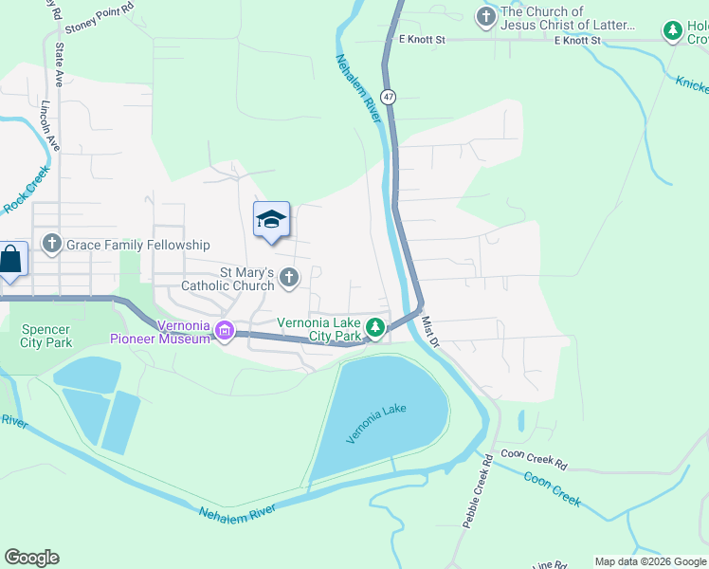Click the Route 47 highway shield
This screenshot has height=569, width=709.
click(389, 97)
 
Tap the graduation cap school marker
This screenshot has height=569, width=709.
click(271, 220)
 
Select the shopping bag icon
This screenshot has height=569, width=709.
click(10, 259)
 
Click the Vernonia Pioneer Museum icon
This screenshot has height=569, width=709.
click(225, 331)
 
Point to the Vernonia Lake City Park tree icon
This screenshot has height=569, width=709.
click(376, 328)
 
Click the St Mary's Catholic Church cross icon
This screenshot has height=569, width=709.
click(289, 278)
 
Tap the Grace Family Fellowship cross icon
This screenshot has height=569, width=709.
click(51, 245)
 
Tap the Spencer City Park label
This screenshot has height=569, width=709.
click(46, 336)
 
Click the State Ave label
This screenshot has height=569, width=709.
click(59, 64)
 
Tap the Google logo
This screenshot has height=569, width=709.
click(31, 558)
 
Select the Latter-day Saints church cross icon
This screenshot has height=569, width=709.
click(485, 17)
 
